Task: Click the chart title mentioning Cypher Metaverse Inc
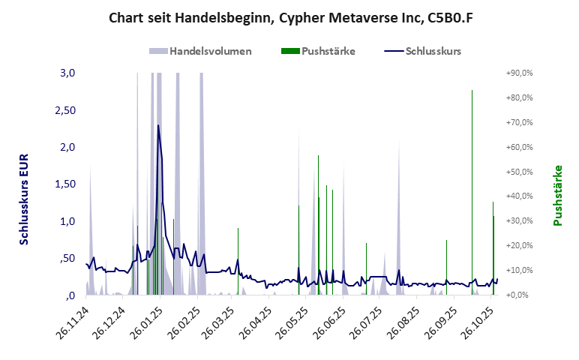[289, 16]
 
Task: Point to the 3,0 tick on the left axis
[67, 73]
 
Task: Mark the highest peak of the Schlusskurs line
[158, 125]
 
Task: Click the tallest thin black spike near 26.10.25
[472, 91]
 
